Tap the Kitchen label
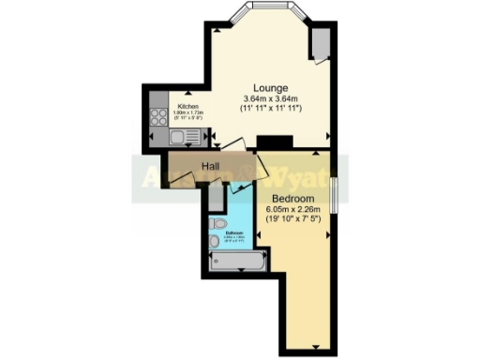click(188, 107)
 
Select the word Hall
click(210, 167)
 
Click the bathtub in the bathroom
click(237, 257)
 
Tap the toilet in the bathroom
click(217, 224)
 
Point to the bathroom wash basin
click(216, 242)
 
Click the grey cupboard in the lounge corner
click(321, 42)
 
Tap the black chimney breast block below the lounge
click(281, 142)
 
